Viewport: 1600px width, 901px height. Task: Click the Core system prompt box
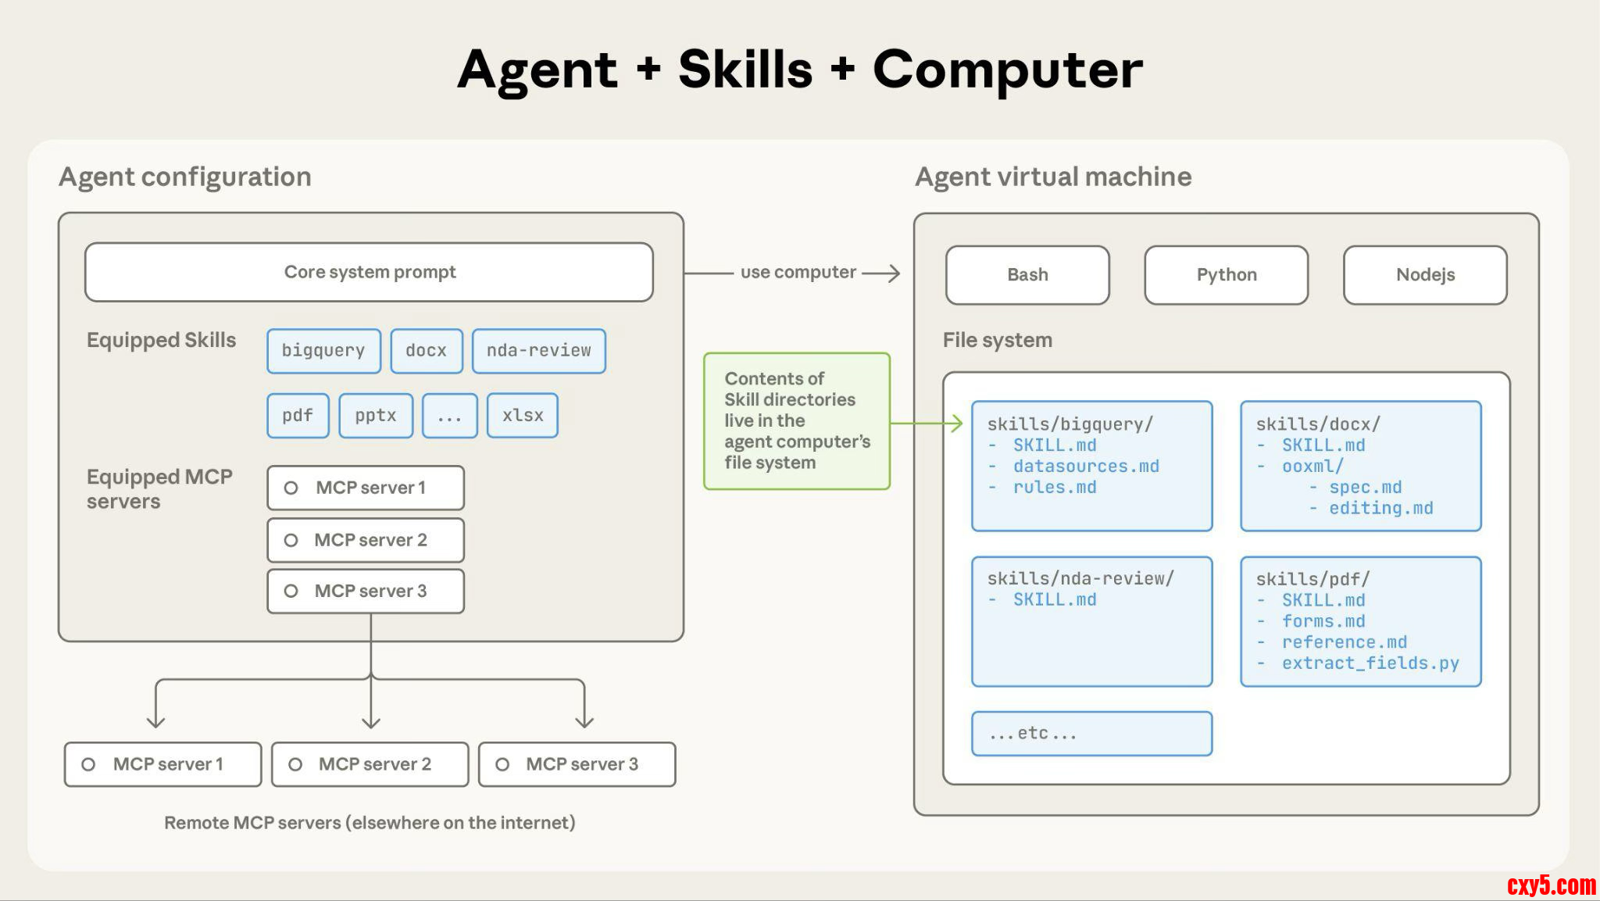point(369,272)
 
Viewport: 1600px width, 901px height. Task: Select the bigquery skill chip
point(323,351)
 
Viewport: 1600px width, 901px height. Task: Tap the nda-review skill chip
point(538,351)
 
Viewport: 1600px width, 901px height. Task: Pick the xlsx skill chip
point(522,416)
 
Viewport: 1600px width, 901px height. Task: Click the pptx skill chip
point(376,416)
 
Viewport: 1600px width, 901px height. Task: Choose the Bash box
point(1027,275)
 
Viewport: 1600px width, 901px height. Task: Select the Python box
point(1226,275)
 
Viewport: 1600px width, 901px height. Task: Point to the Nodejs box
point(1425,275)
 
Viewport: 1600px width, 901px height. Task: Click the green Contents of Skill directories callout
point(797,421)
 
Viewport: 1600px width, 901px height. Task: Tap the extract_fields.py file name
point(1370,663)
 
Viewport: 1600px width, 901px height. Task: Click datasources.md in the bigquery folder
point(1086,467)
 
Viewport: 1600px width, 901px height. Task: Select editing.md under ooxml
point(1380,509)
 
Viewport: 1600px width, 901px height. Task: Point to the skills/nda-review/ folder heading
point(1080,579)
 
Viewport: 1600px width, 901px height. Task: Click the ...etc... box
point(1091,734)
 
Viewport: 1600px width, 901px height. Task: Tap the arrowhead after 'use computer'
point(893,273)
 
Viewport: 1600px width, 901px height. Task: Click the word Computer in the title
point(1007,70)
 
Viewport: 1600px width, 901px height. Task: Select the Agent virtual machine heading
point(1053,177)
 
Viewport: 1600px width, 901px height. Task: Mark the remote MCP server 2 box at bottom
point(370,764)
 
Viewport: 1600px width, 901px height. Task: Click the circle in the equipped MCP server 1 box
point(291,488)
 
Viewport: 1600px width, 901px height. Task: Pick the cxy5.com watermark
point(1551,885)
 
